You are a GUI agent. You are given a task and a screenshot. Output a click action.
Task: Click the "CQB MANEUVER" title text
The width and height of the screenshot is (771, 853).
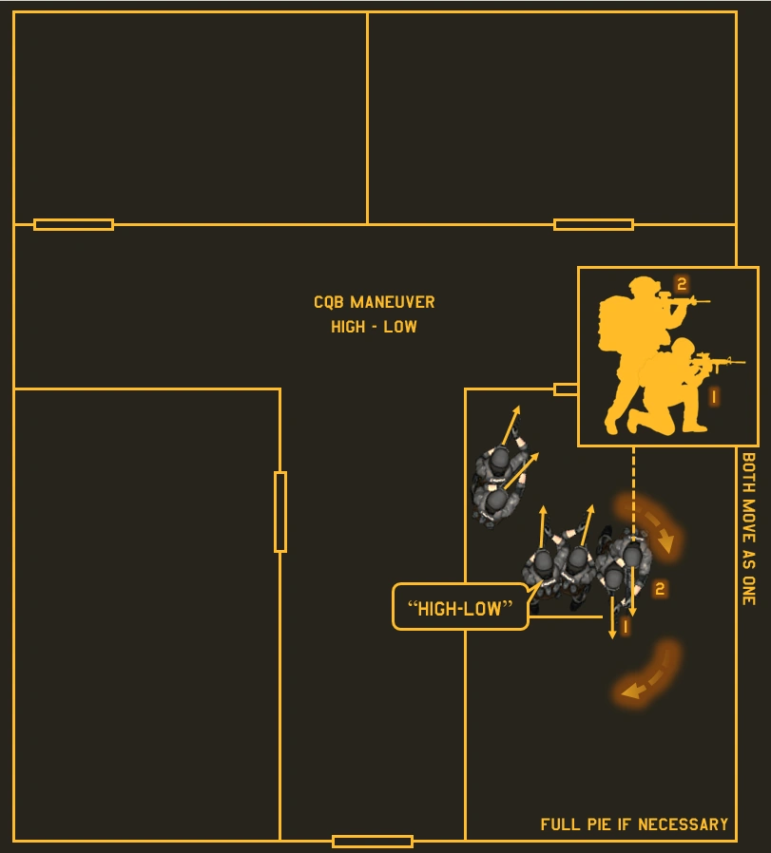point(374,302)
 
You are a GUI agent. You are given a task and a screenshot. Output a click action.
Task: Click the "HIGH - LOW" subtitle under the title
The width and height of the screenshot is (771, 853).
point(374,327)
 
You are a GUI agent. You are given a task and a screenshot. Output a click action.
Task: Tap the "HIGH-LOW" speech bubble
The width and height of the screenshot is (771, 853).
point(460,608)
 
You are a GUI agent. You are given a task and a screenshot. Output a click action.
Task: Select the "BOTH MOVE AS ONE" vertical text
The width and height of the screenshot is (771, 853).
point(748,528)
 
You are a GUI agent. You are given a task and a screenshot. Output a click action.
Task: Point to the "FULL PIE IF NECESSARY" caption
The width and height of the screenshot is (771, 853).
point(634,825)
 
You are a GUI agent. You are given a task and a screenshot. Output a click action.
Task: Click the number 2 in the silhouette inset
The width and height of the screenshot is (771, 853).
point(681,284)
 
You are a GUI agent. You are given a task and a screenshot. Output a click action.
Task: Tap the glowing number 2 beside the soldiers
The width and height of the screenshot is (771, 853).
point(660,589)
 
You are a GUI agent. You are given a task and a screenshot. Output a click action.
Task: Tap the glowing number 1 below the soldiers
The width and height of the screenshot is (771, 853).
point(625,627)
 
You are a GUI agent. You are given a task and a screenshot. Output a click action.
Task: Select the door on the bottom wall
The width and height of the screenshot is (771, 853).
point(373,841)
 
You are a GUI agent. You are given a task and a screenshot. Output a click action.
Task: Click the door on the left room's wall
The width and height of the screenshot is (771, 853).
point(280,511)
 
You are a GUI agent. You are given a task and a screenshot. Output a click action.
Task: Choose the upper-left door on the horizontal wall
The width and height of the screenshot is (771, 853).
point(73,224)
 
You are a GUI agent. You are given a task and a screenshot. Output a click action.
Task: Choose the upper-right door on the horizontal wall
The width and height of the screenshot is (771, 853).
point(593,224)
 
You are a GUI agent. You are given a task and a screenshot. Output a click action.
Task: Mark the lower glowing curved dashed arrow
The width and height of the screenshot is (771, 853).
point(649,674)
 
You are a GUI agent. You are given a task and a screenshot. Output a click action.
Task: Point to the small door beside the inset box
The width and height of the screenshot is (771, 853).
point(566,389)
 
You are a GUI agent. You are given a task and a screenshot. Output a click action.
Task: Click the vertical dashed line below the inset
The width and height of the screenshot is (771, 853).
point(633,484)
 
